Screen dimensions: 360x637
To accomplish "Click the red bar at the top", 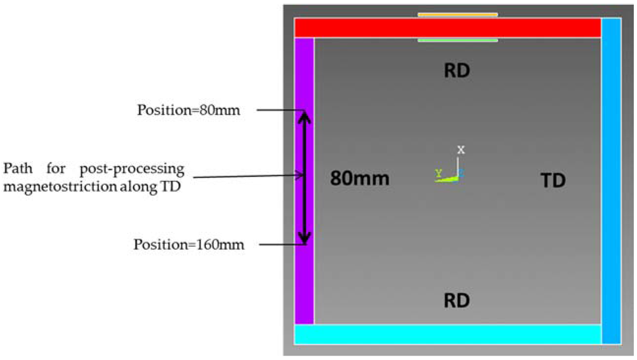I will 448,28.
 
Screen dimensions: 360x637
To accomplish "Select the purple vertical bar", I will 304,180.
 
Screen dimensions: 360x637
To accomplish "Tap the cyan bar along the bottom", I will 448,334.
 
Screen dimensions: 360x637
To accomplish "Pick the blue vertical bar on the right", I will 611,180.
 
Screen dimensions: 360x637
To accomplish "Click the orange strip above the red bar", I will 457,14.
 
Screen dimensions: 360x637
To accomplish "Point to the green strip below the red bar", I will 457,40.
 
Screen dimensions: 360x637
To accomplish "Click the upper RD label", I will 457,71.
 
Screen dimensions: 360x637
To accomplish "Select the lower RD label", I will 457,301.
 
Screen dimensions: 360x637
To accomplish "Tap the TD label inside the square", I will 552,180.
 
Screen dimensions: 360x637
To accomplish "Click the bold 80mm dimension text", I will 360,179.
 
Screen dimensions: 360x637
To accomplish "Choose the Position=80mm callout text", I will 189,111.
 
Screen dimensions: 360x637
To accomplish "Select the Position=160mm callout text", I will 189,245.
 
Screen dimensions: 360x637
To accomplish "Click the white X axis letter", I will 461,150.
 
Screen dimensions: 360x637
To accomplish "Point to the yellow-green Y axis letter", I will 439,174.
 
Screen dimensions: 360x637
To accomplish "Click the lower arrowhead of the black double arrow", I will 304,238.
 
